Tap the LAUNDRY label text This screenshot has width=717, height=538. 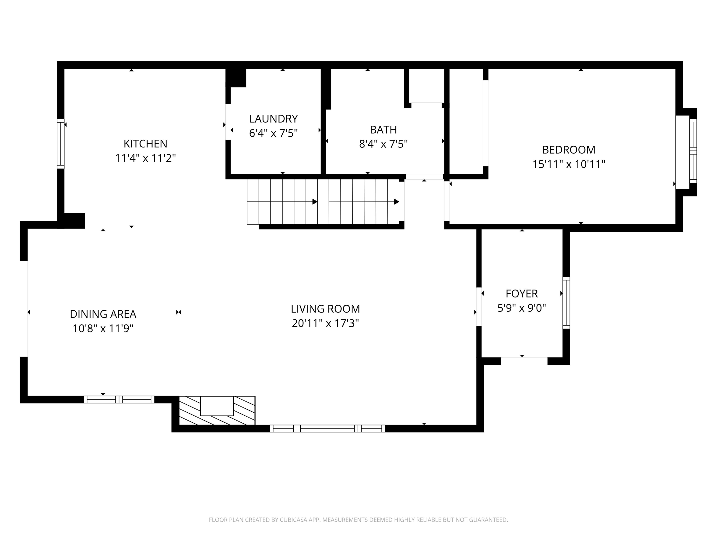273,119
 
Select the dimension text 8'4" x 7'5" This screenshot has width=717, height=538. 383,144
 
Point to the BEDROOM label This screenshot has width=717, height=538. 569,150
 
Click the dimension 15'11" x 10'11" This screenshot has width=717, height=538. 569,164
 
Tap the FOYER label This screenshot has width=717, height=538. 522,294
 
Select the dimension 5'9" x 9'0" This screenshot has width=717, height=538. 522,308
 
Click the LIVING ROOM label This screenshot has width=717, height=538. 325,309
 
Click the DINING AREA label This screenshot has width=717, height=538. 103,314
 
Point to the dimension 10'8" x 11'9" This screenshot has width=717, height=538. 103,329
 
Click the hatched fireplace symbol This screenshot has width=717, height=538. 217,410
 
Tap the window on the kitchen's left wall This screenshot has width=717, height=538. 61,144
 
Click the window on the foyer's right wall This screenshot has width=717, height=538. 566,303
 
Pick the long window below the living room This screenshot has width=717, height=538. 327,428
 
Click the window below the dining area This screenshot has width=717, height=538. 119,400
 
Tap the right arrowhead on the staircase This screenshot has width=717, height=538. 396,202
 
